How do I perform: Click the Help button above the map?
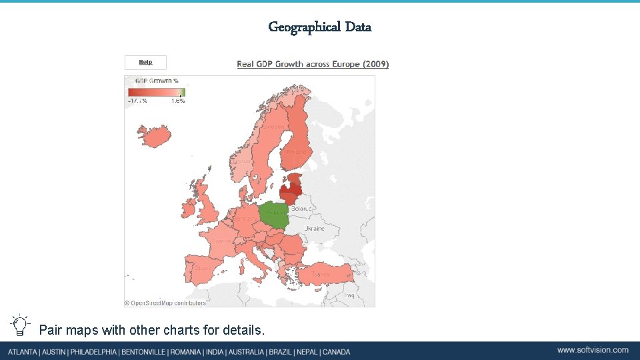click(145, 62)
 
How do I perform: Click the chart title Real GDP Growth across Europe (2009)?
click(313, 64)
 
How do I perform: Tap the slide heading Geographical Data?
click(319, 27)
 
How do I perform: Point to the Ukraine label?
click(315, 229)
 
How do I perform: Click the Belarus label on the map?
click(301, 209)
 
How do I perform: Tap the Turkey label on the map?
click(321, 274)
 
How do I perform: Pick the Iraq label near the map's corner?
click(349, 295)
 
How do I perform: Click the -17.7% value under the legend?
click(138, 101)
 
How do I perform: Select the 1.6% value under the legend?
click(178, 101)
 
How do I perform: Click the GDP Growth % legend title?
click(149, 81)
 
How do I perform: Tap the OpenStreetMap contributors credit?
click(165, 303)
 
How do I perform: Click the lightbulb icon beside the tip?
click(20, 325)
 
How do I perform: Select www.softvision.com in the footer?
click(593, 350)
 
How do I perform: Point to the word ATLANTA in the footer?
click(24, 351)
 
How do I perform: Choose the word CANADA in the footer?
click(337, 351)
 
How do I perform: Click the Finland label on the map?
click(296, 152)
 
